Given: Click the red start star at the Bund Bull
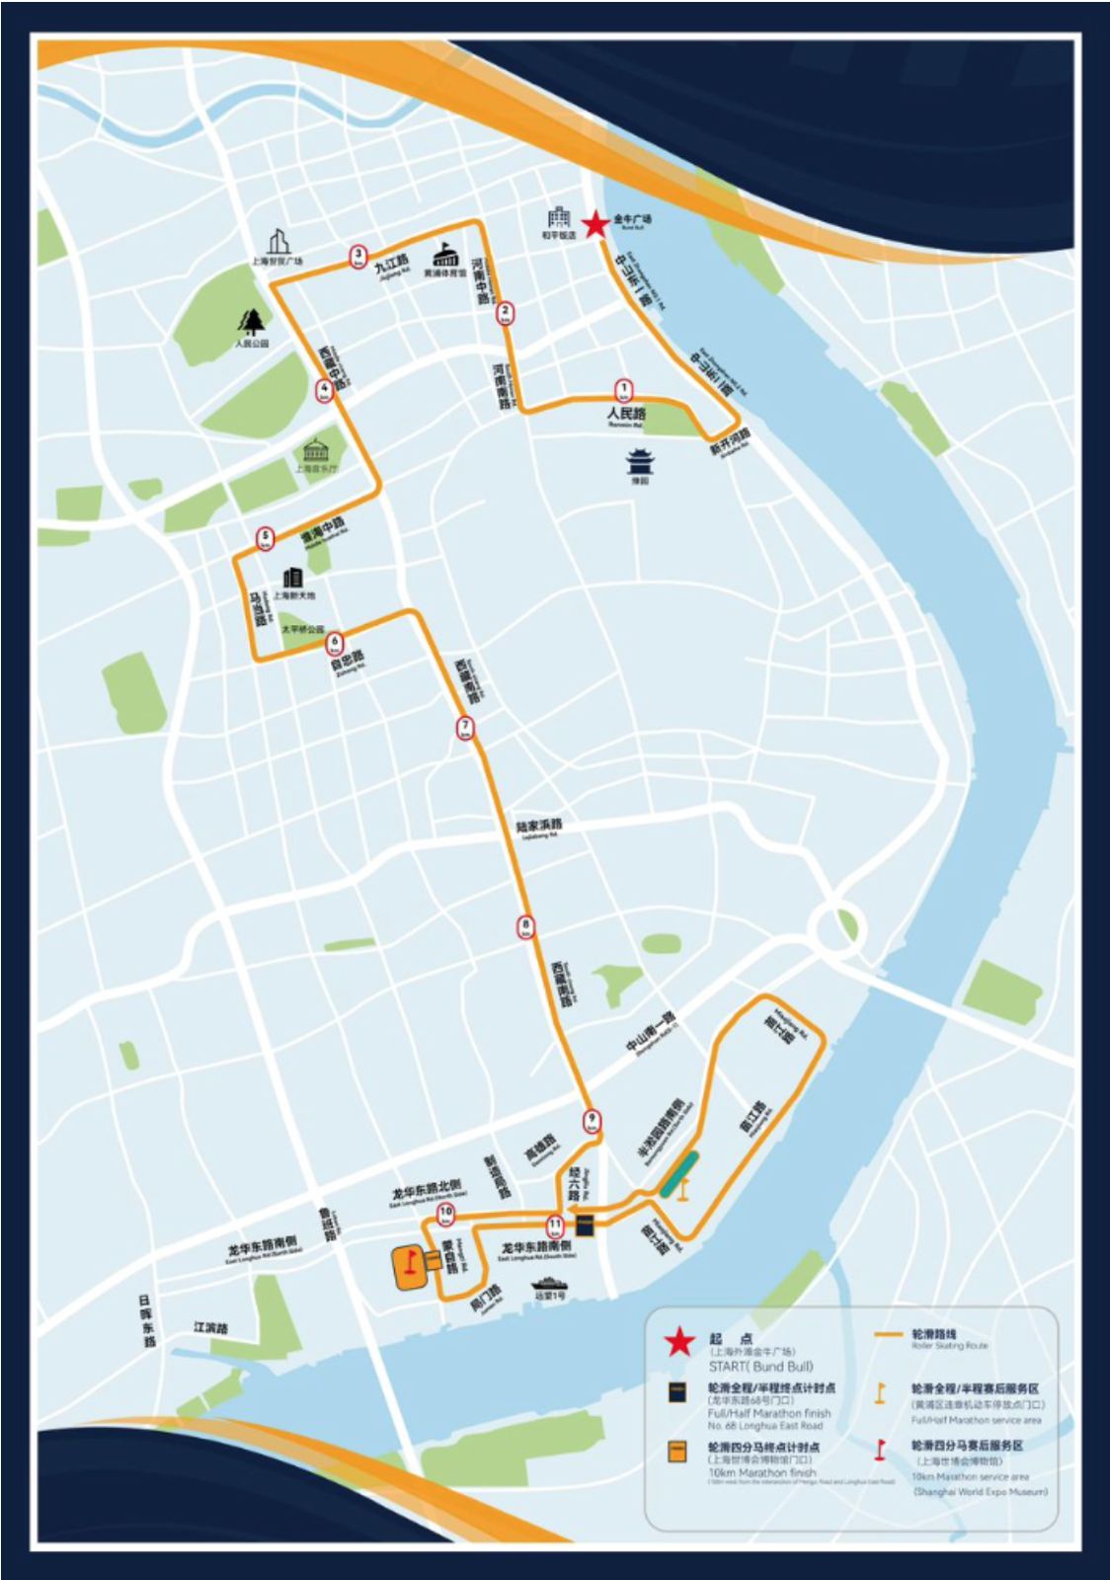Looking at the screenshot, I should (595, 225).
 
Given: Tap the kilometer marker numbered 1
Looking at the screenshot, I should (623, 390).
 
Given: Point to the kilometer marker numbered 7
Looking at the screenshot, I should (465, 729).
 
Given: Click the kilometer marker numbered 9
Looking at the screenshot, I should (592, 1121).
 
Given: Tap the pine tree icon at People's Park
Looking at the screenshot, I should (253, 321).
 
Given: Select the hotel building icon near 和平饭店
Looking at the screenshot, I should (559, 217).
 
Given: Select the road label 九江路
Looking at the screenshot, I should (391, 264).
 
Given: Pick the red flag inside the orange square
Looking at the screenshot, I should (405, 1261).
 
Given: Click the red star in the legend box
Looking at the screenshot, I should (679, 1344).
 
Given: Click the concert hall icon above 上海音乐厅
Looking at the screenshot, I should (315, 451).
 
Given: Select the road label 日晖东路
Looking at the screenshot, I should (147, 1321).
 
